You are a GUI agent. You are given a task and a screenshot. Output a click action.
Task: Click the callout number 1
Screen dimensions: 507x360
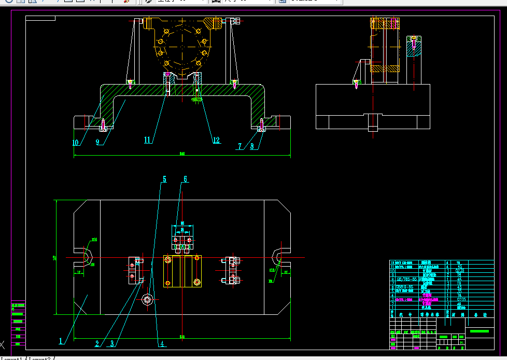point(61,341)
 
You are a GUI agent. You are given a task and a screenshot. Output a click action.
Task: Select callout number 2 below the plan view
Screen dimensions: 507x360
point(97,343)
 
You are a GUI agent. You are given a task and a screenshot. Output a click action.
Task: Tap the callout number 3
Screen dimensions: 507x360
point(112,343)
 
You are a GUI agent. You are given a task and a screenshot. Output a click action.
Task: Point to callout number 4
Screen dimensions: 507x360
point(162,343)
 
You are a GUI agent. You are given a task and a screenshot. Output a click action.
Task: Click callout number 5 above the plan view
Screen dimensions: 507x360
point(164,179)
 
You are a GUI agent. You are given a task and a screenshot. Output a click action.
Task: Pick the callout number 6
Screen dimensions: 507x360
point(185,179)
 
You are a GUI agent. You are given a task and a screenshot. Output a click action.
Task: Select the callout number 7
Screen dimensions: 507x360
point(240,147)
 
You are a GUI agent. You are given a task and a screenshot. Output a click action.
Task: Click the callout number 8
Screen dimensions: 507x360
point(252,147)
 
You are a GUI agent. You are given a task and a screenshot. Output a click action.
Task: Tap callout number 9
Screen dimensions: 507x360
point(97,142)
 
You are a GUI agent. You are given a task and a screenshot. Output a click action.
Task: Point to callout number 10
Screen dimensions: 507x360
point(76,142)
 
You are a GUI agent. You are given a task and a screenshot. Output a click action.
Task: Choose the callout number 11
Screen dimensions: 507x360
point(147,140)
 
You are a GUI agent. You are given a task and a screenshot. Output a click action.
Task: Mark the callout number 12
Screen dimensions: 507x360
point(216,140)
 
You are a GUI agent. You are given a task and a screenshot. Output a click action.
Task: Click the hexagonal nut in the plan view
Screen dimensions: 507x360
point(147,299)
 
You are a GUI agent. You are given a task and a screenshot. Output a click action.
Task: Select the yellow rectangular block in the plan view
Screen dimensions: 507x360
point(182,271)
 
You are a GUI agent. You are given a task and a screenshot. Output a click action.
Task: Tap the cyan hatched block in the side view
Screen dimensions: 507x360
point(414,47)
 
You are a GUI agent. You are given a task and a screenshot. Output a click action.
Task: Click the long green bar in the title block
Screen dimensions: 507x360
point(479,331)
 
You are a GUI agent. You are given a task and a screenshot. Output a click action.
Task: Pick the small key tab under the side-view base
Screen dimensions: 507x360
point(372,122)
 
